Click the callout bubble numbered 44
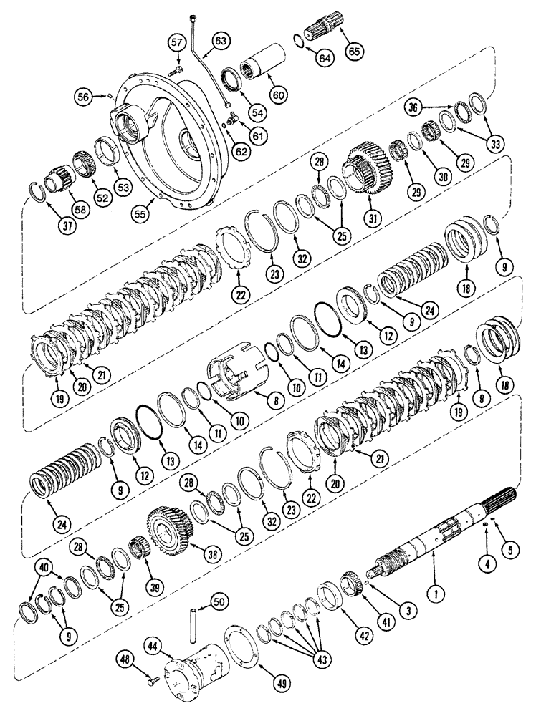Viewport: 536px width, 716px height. click(154, 647)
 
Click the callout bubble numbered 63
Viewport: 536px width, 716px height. click(220, 41)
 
